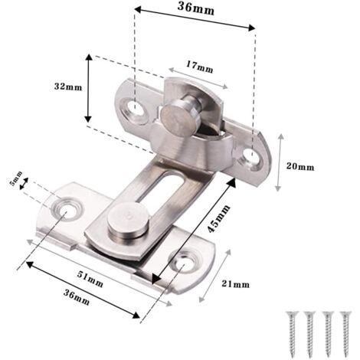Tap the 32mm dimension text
point(67,87)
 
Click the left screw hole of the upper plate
point(139,106)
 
